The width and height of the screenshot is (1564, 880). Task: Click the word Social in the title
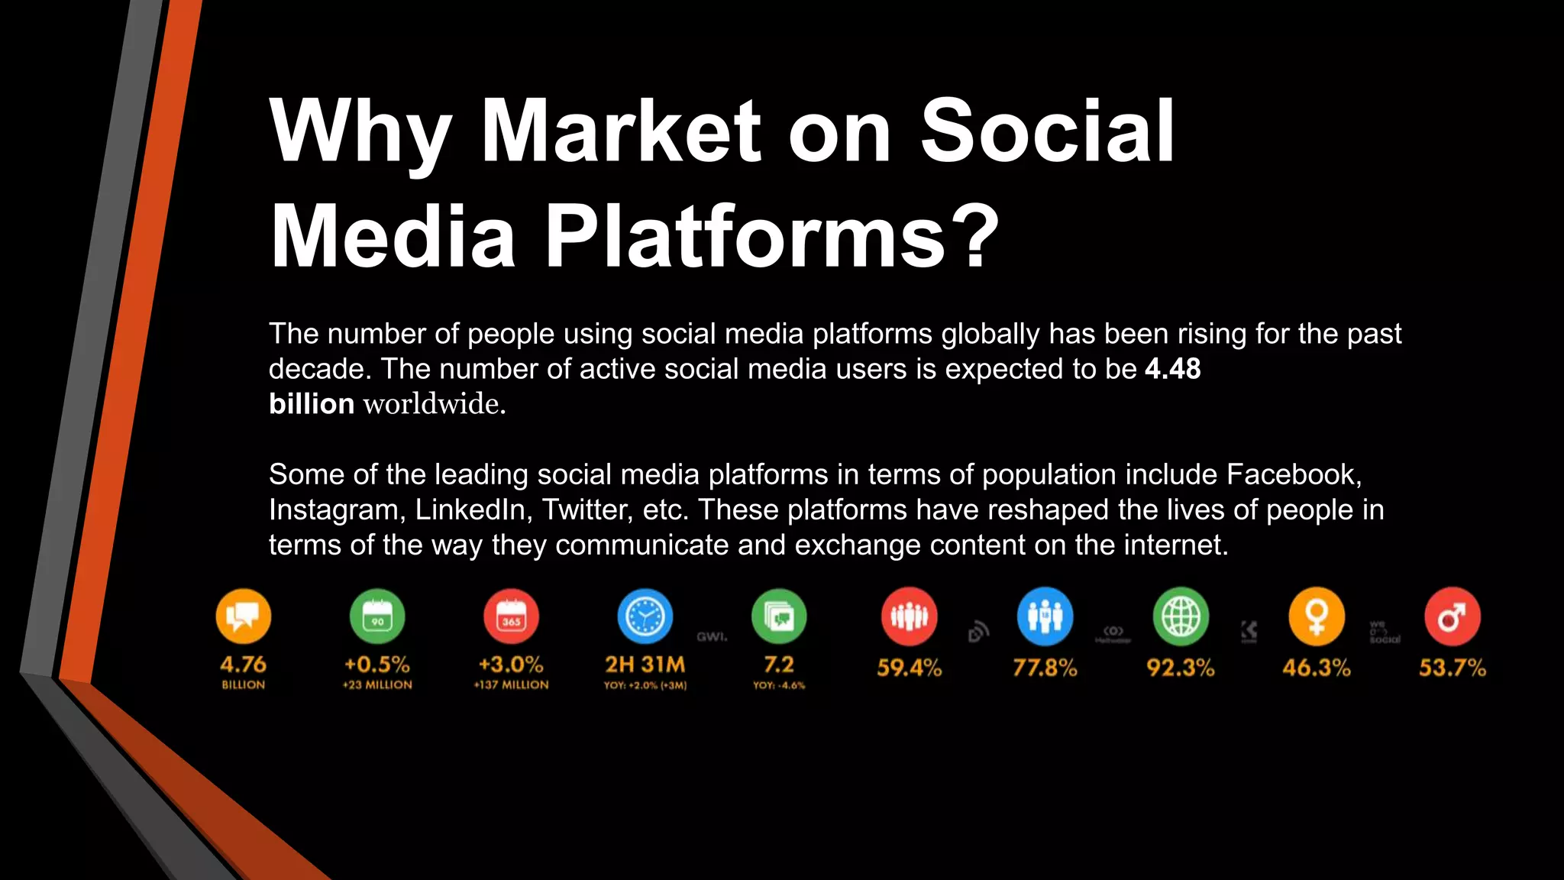(1047, 131)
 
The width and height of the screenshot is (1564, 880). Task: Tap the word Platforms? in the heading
(771, 237)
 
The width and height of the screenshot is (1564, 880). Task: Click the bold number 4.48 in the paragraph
(1172, 369)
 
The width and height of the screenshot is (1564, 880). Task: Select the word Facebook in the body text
(1293, 474)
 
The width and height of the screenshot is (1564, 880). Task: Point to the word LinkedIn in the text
(473, 510)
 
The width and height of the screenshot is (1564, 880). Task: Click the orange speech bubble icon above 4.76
(244, 616)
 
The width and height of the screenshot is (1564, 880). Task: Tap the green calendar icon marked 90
(377, 616)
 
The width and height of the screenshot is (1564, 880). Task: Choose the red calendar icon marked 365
(511, 616)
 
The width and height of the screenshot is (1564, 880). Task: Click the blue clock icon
(645, 616)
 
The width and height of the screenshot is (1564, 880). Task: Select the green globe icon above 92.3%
(1181, 616)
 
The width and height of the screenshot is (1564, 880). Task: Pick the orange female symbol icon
(1317, 616)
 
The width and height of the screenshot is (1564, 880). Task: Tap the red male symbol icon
(1452, 616)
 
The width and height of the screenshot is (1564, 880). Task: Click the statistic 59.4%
(909, 668)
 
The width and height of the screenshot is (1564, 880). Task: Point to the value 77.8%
(1045, 668)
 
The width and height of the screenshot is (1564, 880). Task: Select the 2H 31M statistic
(645, 665)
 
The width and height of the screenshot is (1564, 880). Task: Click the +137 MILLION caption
(511, 685)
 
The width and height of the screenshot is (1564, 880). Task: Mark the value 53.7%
(1452, 668)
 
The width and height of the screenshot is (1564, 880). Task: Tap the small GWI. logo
(712, 636)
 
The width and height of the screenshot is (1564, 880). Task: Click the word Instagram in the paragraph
(336, 510)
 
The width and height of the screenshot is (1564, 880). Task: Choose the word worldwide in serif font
(434, 404)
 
